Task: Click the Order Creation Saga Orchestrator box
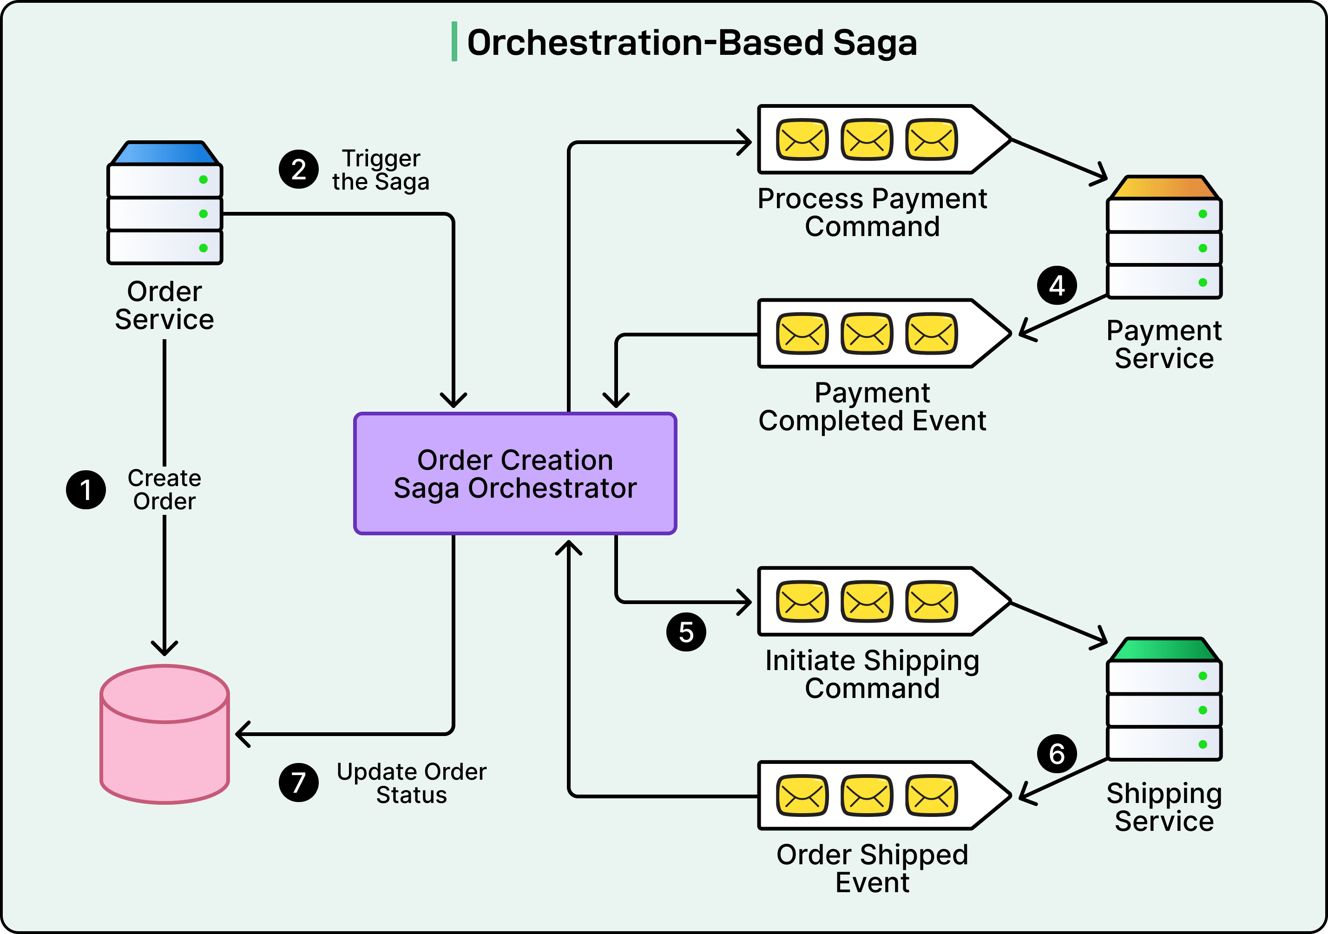[x=515, y=474]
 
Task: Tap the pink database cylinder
[x=165, y=735]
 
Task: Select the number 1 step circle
[x=86, y=490]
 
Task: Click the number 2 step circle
[x=298, y=170]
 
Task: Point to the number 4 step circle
[x=1057, y=285]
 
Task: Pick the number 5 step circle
[x=686, y=632]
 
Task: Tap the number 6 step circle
[x=1057, y=754]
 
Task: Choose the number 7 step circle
[x=298, y=783]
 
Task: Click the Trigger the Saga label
[x=381, y=170]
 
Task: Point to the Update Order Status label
[x=411, y=783]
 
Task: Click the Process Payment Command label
[x=872, y=212]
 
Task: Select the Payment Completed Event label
[x=872, y=407]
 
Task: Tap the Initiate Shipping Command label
[x=872, y=674]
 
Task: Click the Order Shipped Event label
[x=872, y=868]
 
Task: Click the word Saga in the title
[x=874, y=43]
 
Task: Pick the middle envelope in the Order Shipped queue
[x=867, y=796]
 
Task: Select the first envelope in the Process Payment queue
[x=802, y=139]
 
